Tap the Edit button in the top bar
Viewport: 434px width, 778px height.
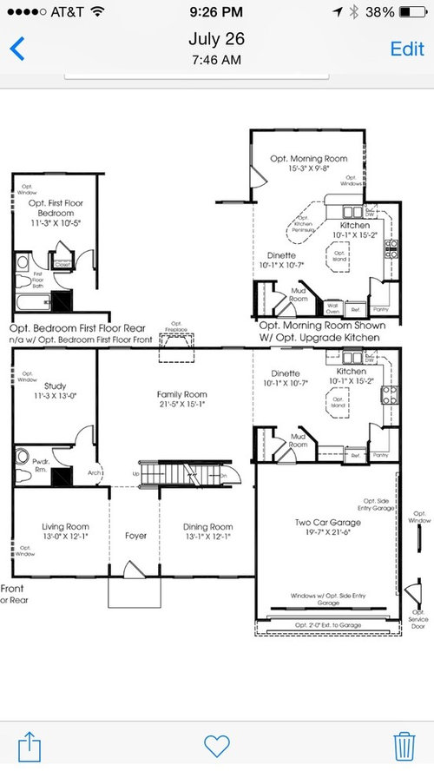click(x=406, y=49)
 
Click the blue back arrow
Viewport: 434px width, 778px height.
click(x=16, y=49)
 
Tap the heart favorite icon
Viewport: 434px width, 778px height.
click(x=216, y=745)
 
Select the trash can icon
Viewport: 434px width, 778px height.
click(x=404, y=745)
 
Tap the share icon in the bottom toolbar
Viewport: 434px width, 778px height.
click(x=29, y=744)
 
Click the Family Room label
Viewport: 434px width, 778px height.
click(x=181, y=394)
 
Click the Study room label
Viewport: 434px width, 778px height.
click(x=55, y=386)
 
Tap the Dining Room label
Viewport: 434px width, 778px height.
click(x=208, y=526)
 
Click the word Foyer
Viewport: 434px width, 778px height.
click(x=135, y=536)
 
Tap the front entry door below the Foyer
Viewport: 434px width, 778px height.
click(x=134, y=570)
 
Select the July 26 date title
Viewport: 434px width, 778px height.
click(x=216, y=39)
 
